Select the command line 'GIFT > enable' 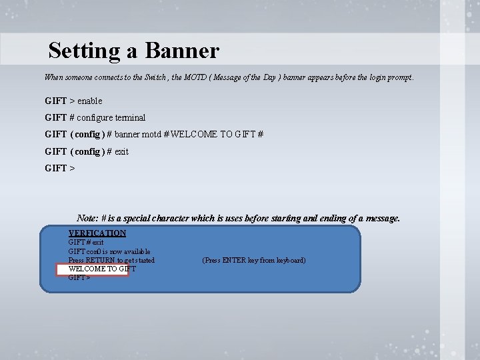73,101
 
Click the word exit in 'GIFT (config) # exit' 121,151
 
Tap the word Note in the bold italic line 88,218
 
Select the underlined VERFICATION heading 97,233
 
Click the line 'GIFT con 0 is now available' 109,251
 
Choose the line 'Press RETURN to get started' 111,260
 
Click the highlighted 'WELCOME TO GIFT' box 92,269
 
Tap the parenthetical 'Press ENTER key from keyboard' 254,260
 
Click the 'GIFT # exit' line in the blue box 86,243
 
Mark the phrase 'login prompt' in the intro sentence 390,77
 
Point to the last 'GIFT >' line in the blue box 79,278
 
